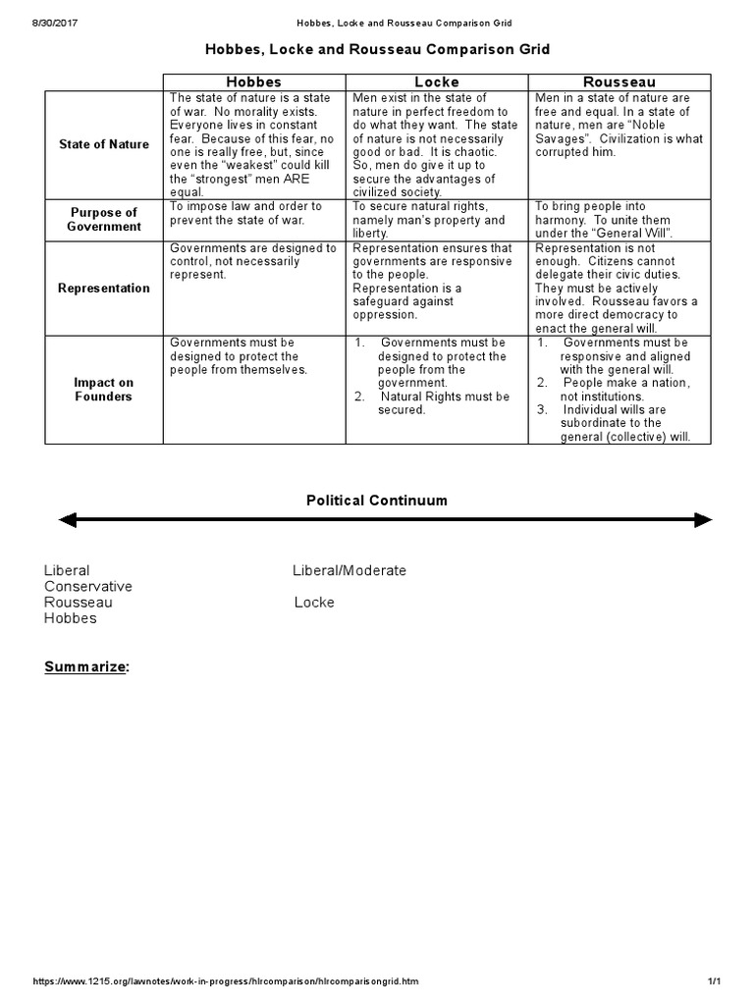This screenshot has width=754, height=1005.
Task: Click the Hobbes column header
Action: pyautogui.click(x=254, y=82)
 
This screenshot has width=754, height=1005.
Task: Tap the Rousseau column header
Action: pyautogui.click(x=619, y=82)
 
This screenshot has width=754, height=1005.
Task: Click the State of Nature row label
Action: pyautogui.click(x=104, y=144)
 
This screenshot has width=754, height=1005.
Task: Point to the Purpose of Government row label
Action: pyautogui.click(x=104, y=219)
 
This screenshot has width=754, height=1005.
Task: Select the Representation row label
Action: pyautogui.click(x=104, y=288)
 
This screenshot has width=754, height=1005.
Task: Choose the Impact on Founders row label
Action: pyautogui.click(x=104, y=390)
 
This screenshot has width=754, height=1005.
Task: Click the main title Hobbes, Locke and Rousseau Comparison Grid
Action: pyautogui.click(x=377, y=48)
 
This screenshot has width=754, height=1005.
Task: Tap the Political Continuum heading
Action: pyautogui.click(x=377, y=501)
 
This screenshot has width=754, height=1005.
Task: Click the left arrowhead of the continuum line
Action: pyautogui.click(x=67, y=520)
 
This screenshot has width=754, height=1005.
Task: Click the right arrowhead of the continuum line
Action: pyautogui.click(x=703, y=520)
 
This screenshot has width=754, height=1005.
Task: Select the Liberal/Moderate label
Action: pyautogui.click(x=350, y=570)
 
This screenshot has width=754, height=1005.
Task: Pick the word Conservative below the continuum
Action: pyautogui.click(x=88, y=586)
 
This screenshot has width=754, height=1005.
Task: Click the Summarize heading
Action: pyautogui.click(x=86, y=667)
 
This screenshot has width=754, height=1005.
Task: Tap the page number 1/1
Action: pyautogui.click(x=714, y=981)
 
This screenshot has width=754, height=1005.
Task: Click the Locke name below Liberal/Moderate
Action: pyautogui.click(x=314, y=602)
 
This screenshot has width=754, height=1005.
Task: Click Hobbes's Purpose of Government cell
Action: pyautogui.click(x=254, y=213)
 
